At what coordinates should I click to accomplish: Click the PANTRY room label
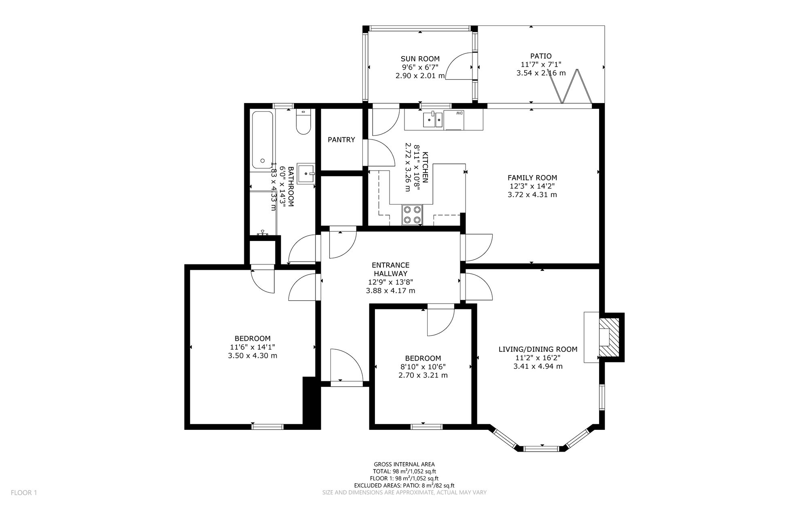pos(341,140)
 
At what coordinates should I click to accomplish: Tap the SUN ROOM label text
pos(420,59)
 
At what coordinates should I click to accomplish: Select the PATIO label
pos(541,56)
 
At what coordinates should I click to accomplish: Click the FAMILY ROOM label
pos(532,178)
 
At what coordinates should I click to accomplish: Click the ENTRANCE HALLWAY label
pos(391,270)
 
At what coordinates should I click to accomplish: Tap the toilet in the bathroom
pos(303,121)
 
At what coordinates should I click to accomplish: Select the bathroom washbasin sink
pos(306,173)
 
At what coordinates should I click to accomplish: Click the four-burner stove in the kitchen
pos(412,215)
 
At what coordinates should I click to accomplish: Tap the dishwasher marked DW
pos(454,120)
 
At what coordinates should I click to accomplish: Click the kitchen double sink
pos(433,120)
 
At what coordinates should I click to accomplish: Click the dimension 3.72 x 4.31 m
pos(532,195)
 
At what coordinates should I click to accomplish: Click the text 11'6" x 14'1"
pos(252,347)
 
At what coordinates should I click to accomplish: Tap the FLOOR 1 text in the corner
pos(24,493)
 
